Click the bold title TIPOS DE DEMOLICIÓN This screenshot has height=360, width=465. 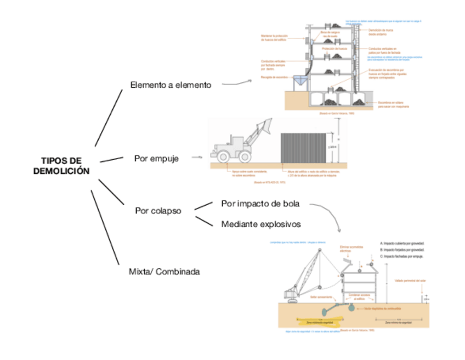(x=61, y=165)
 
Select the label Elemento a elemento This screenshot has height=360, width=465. (x=171, y=85)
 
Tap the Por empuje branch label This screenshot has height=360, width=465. (x=155, y=159)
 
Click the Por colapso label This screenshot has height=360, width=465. (x=158, y=210)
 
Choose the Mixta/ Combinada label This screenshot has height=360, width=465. (x=164, y=271)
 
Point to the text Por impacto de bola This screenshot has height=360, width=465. (x=260, y=204)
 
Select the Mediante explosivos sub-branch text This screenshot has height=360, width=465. (x=261, y=224)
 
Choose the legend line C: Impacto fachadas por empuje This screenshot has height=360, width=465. (x=402, y=256)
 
